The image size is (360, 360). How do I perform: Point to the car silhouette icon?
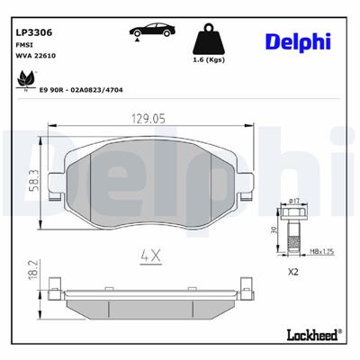point(150,31)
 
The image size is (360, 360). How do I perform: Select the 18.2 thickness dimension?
point(33,271)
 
